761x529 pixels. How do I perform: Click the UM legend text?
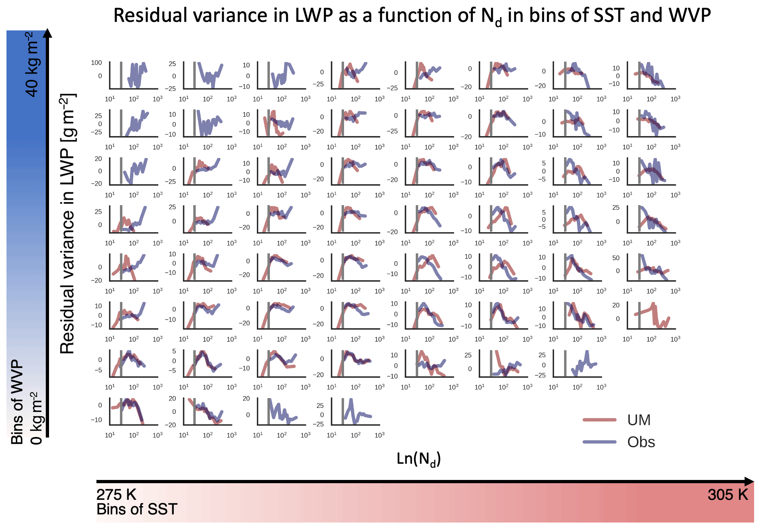coord(639,420)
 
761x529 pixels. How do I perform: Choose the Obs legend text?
coord(641,442)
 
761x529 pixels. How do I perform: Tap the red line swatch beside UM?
coord(599,420)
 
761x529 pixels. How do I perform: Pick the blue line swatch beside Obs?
coord(599,442)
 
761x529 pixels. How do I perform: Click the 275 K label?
coord(116,495)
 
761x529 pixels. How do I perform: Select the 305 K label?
coord(727,495)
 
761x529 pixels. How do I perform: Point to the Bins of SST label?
coord(137,510)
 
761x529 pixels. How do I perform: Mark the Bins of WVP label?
coord(17,402)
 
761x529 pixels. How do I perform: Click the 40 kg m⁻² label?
coord(32,65)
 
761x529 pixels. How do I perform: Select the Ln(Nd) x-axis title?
coord(419,459)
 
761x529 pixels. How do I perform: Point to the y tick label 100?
coord(96,63)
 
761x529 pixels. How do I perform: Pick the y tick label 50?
coord(616,258)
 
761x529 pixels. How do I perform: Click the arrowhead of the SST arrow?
coord(750,482)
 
